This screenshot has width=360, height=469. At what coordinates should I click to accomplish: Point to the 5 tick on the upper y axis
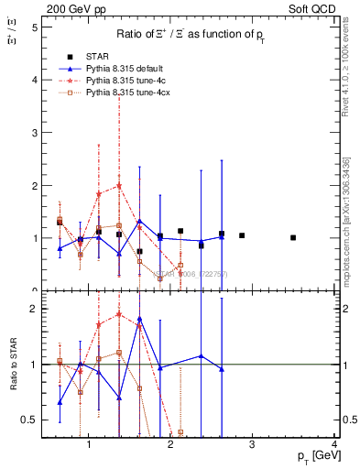(34, 27)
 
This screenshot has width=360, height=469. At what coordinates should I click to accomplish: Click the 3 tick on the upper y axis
(34, 133)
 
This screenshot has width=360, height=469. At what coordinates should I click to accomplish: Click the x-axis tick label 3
(253, 445)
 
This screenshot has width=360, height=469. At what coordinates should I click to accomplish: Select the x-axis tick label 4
(334, 445)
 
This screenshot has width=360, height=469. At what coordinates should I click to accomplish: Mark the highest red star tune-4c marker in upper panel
(119, 186)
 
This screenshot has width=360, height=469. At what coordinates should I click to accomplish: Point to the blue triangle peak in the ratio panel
(139, 319)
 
